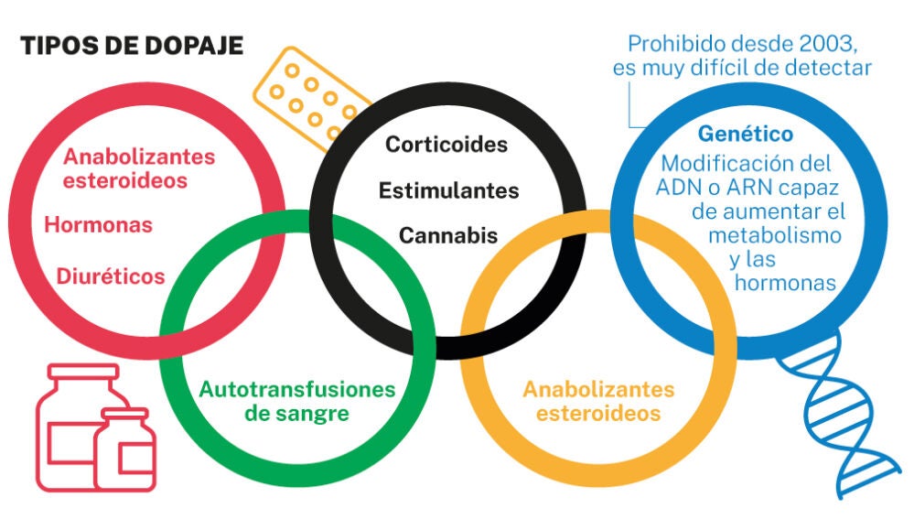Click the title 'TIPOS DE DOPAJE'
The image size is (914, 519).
coord(133,46)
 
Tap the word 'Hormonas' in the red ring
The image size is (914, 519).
coord(99,224)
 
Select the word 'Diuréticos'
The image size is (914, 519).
coord(111,276)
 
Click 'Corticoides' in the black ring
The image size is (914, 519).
coord(446,145)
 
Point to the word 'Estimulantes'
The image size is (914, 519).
coord(448,190)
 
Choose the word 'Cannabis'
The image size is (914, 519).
coord(447,235)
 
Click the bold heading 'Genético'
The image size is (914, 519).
coord(745,134)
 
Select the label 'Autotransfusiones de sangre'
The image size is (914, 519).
coord(297,400)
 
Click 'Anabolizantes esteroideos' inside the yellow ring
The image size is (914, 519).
coord(598,400)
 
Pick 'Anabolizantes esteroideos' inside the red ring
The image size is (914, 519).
coord(125,168)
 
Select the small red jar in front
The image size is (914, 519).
coord(125,450)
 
